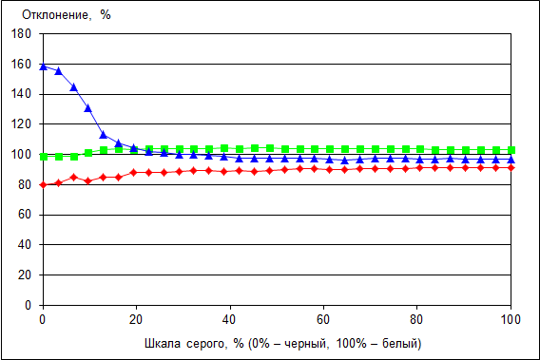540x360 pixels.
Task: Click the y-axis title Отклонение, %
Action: point(67,15)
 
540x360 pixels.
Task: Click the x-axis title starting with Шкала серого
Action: point(282,343)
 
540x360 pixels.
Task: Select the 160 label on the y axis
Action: point(21,64)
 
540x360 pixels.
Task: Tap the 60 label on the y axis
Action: point(25,215)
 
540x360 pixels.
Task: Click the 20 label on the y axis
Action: point(25,275)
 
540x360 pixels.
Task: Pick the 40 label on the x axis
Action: point(229,320)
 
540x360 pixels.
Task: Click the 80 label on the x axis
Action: point(416,320)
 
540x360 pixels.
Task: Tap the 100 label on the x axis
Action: point(511,320)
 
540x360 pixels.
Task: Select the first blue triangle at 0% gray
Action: point(44,66)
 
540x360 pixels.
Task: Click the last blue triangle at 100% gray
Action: point(511,159)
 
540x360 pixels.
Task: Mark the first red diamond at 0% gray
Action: point(44,185)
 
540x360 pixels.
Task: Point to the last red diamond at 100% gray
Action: point(511,167)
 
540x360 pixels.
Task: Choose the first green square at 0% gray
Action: point(44,157)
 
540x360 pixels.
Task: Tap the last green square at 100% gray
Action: point(511,150)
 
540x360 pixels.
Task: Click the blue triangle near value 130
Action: point(88,108)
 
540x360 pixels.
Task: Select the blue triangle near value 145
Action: point(73,87)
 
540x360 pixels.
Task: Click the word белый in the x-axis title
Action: point(399,343)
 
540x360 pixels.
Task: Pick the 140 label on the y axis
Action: point(21,94)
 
